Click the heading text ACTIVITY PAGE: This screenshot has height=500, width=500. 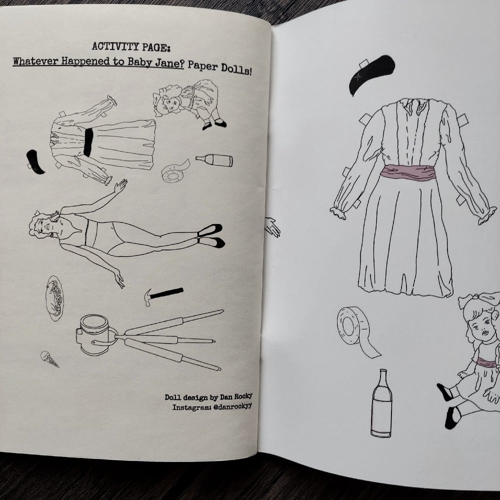131,47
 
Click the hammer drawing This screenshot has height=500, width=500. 163,295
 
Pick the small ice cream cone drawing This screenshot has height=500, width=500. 49,358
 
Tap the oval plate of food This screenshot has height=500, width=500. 54,298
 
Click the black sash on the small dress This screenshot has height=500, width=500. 88,142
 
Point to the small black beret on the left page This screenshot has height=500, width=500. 35,162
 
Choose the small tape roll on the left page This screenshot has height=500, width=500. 174,171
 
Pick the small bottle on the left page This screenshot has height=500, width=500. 214,160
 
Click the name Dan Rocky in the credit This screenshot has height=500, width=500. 236,396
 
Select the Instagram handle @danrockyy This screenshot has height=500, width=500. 232,406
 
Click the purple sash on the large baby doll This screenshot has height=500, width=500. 487,362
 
